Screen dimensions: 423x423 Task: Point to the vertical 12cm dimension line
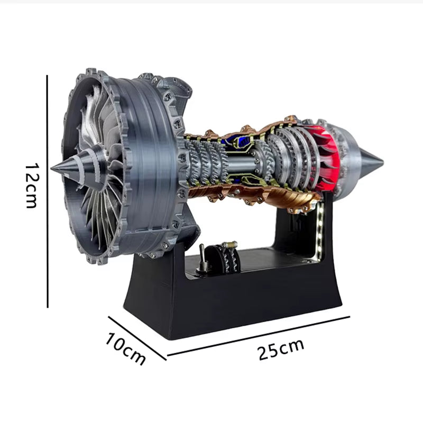pyautogui.click(x=48, y=190)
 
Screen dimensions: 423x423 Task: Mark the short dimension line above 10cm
pyautogui.click(x=137, y=338)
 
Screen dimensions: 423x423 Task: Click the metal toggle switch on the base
pyautogui.click(x=201, y=259)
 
